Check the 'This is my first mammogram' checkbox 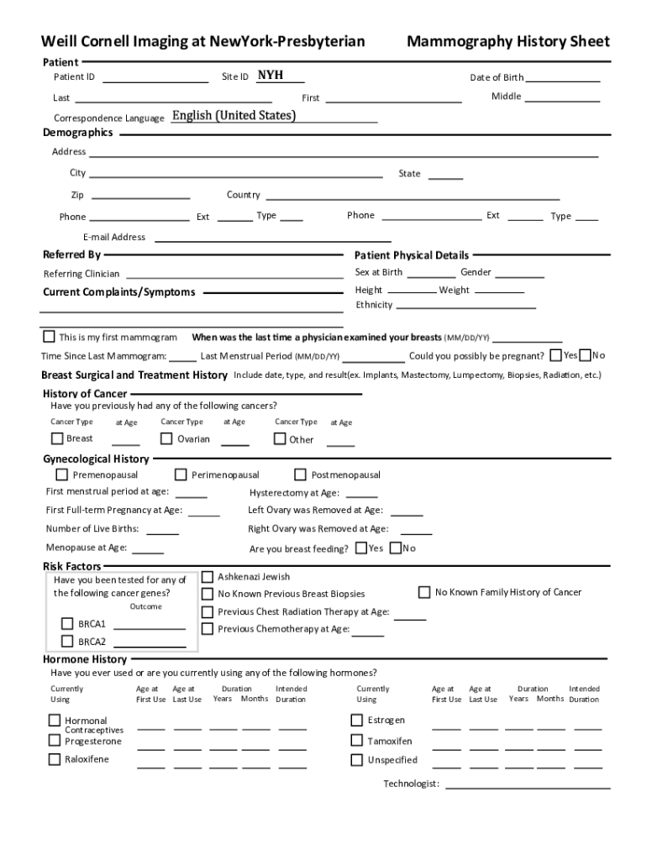49,337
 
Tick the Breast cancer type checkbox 57,438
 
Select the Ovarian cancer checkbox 167,438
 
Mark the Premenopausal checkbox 62,475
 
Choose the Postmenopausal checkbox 299,475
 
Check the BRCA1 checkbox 67,623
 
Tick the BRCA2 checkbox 67,641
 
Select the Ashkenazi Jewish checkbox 208,577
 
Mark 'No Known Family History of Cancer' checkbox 424,592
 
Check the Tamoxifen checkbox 356,741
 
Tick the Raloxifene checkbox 55,759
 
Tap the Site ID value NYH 270,76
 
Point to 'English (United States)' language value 234,116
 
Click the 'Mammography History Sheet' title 508,42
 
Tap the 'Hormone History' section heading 85,659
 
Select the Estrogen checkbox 356,720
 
